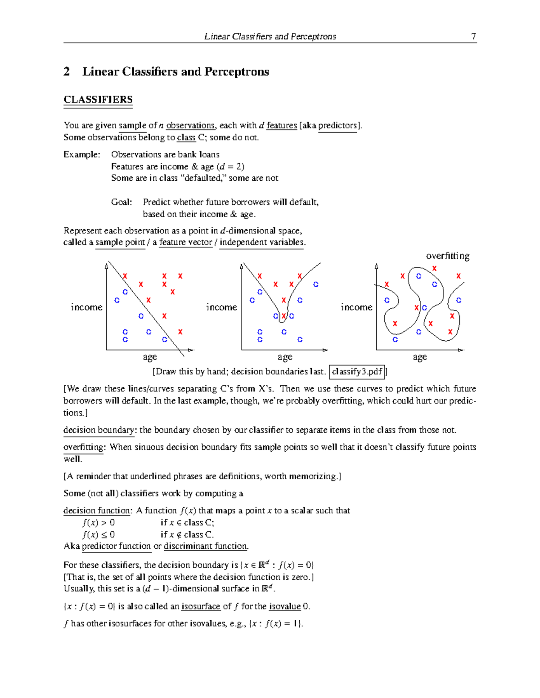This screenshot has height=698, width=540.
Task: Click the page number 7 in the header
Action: pos(473,36)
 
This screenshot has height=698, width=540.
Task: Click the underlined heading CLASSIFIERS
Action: pos(98,100)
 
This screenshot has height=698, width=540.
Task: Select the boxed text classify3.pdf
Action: pos(357,372)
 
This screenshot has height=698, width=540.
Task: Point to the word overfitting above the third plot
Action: pos(448,256)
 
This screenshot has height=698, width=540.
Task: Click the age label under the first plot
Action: pos(150,357)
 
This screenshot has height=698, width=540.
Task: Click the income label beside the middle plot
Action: pos(221,307)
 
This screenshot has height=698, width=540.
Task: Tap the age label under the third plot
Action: pos(420,357)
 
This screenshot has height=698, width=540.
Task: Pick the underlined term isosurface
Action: pos(201,606)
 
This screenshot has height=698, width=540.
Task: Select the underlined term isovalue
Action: pos(284,606)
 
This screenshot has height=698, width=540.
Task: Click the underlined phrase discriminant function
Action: pos(206,546)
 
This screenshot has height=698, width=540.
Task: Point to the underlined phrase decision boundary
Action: pos(99,430)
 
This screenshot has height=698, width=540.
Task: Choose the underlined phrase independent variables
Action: pos(261,242)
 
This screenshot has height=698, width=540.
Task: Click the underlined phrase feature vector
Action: pos(185,242)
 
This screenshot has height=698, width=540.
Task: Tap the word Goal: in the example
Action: pos(121,202)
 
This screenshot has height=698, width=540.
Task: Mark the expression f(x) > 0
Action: pos(99,523)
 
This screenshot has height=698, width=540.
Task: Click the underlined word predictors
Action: pos(337,125)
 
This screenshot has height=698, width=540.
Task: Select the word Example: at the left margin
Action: pos(82,155)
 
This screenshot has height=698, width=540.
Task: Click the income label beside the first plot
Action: pos(86,307)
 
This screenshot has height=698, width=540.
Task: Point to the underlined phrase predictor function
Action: pos(116,546)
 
